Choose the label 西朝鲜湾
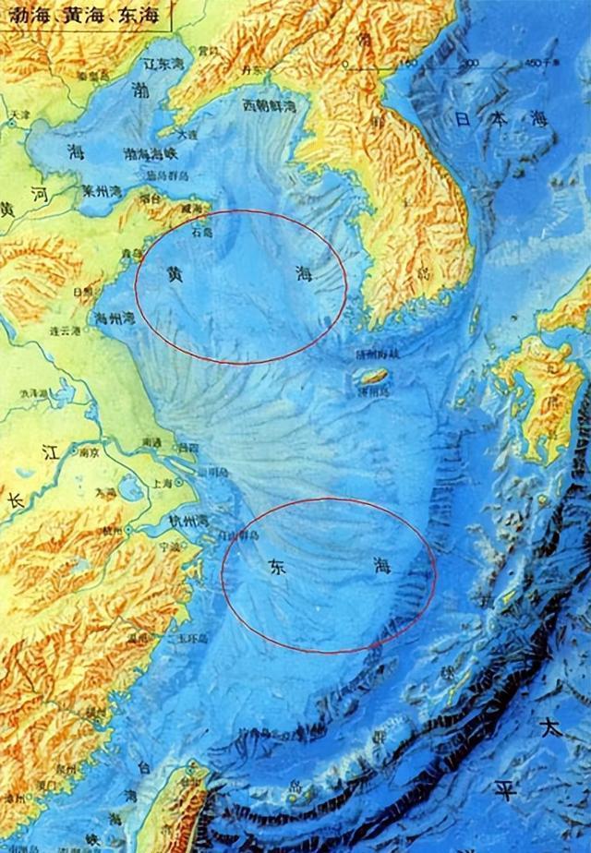click(269, 107)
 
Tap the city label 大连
click(187, 134)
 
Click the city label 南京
click(89, 453)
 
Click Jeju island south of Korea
click(373, 377)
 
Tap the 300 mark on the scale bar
click(471, 63)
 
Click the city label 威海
click(190, 210)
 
